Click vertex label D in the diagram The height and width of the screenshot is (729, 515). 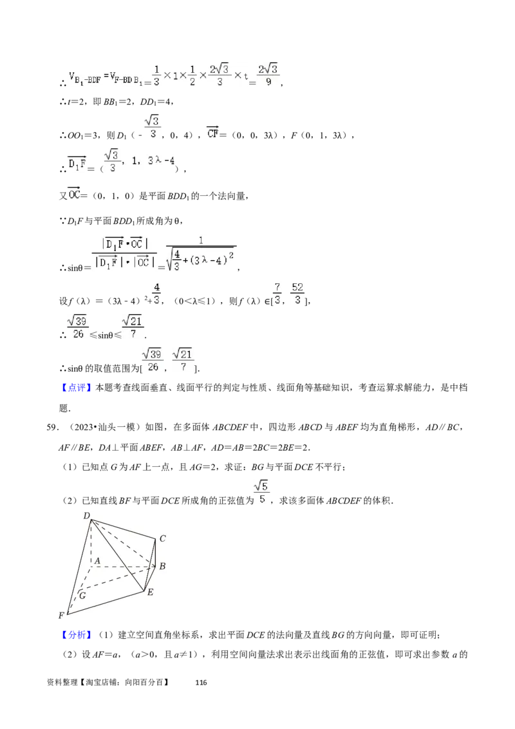coord(86,515)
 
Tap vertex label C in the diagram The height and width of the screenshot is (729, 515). coord(163,538)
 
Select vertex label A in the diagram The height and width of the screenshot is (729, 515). coord(97,562)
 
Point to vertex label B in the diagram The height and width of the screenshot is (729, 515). coord(162,567)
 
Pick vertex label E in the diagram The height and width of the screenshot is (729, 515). coord(150,592)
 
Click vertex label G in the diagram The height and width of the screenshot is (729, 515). coord(82,595)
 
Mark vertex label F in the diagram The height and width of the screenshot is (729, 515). coord(62,616)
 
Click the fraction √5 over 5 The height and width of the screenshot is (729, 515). coord(262,492)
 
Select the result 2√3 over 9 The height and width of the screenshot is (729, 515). coord(269,75)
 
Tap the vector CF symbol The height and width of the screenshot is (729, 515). coord(213,133)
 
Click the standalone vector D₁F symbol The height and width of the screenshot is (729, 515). coord(77,166)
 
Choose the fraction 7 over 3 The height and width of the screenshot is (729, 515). coord(277,294)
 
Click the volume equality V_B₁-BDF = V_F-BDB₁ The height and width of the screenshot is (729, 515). coord(106,78)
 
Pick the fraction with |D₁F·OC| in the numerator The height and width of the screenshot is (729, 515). coord(124,252)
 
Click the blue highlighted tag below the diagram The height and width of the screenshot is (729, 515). coord(77,636)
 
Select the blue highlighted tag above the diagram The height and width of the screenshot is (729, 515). coord(77,388)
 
